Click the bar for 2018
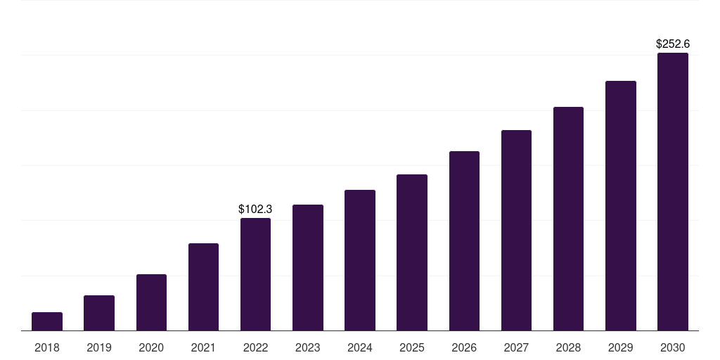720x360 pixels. (47, 321)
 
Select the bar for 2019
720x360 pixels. (99, 313)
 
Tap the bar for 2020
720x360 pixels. (151, 302)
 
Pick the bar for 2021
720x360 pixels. (203, 287)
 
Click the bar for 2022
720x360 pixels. (255, 274)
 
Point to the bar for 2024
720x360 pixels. (360, 260)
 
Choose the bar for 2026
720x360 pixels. (464, 240)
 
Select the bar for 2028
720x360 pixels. (568, 219)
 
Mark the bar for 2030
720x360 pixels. (673, 191)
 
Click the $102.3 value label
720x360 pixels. (255, 209)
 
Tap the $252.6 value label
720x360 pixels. (673, 44)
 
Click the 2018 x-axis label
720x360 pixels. (47, 347)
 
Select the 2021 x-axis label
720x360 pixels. (203, 347)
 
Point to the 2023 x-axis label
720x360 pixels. (308, 347)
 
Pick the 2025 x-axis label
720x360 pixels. (412, 347)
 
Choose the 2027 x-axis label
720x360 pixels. (516, 347)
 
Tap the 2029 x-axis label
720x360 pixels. (621, 347)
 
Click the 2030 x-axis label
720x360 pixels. (673, 347)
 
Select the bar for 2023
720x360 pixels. (308, 267)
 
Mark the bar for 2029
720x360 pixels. (621, 205)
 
